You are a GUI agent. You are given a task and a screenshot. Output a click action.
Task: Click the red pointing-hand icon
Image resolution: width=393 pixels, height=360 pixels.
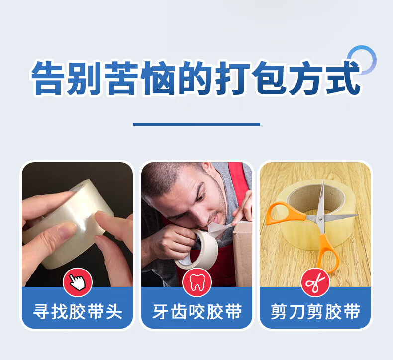coord(78,282)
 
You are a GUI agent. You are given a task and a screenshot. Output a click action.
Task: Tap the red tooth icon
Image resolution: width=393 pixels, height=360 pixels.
coord(197,282)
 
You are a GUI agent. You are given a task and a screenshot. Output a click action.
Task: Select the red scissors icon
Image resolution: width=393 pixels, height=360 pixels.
coord(315,282)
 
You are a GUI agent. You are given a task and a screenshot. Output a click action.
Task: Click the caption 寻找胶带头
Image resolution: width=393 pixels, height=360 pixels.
coord(78,312)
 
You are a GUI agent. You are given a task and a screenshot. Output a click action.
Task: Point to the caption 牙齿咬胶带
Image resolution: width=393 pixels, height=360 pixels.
coord(197,312)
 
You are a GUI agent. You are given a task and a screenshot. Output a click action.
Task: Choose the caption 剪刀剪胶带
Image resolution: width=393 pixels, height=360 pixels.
coord(315,312)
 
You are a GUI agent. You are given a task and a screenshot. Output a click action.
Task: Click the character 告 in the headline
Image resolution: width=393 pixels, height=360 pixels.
coord(47,78)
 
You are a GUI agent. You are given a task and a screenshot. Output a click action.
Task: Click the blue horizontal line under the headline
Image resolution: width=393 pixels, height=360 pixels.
coord(197,124)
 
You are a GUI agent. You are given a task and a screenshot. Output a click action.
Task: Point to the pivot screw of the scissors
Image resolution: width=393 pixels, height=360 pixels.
coord(320,218)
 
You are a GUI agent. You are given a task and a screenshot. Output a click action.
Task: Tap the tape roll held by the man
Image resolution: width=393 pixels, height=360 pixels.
coord(197,249)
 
